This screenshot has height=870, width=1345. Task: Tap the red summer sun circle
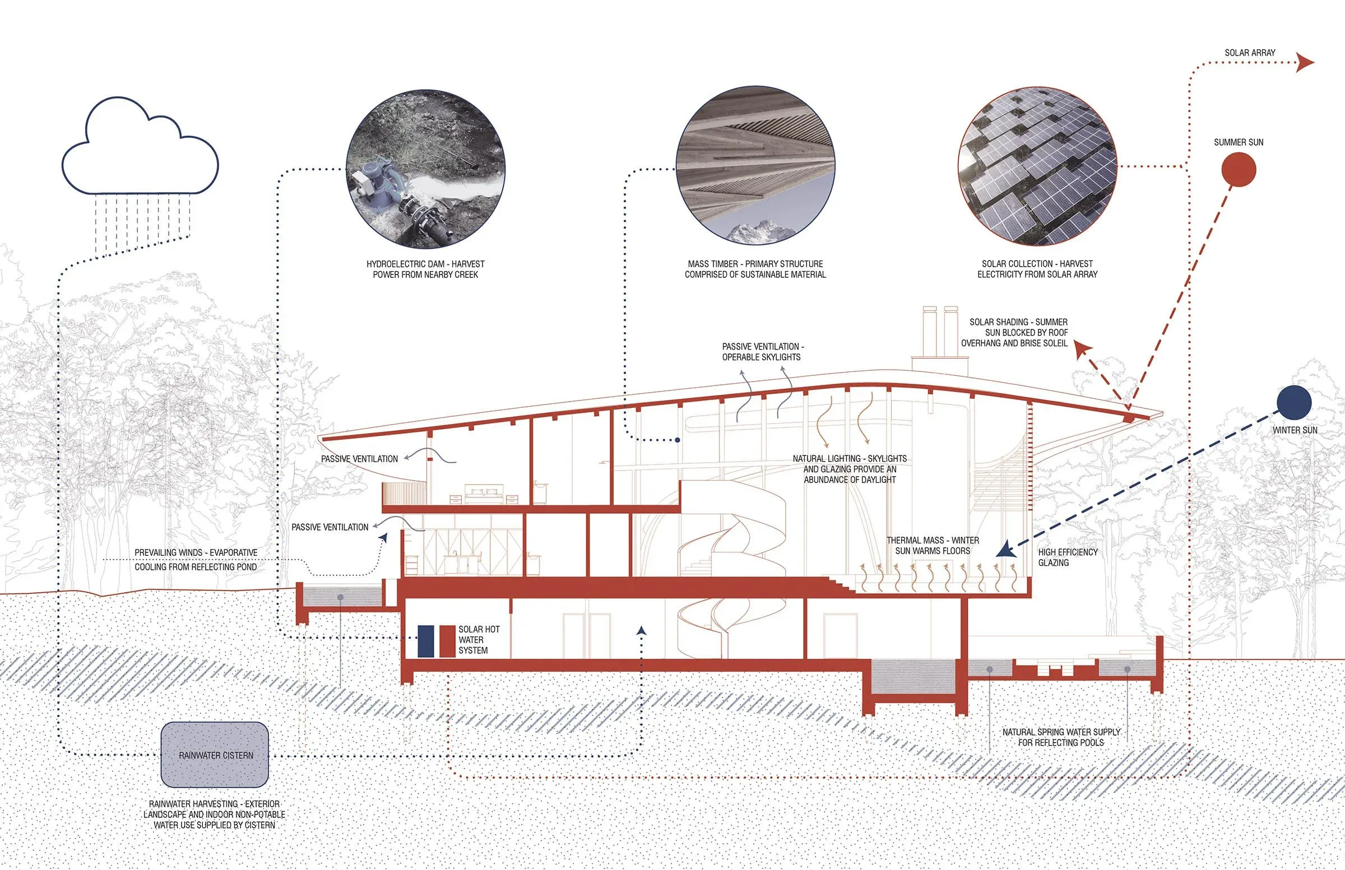click(x=1238, y=169)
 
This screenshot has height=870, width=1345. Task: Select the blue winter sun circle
click(x=1293, y=403)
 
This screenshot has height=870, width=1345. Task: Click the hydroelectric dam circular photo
click(x=425, y=169)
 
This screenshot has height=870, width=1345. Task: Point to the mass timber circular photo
click(x=755, y=165)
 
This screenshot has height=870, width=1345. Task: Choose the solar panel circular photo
click(x=1037, y=166)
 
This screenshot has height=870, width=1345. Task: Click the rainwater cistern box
click(x=215, y=755)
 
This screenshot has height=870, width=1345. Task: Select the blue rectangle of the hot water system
click(x=425, y=641)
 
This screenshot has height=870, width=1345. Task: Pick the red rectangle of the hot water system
click(x=447, y=641)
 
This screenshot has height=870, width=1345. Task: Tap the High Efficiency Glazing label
click(x=1067, y=557)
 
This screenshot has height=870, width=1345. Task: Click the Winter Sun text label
click(x=1294, y=430)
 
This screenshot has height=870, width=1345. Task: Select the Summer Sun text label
click(x=1238, y=142)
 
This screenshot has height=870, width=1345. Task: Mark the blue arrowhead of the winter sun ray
click(x=1004, y=550)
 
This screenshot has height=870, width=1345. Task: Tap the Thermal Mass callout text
click(x=933, y=545)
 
